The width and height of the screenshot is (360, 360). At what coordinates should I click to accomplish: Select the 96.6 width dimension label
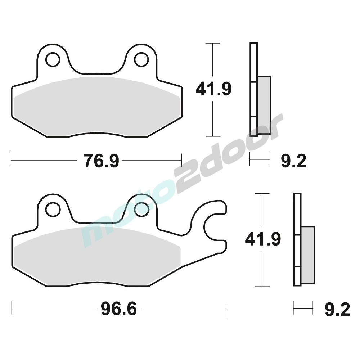point(119,309)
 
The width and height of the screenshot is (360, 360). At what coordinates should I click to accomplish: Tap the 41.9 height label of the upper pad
point(213,89)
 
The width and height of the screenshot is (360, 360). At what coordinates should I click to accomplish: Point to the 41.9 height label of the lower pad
point(263,239)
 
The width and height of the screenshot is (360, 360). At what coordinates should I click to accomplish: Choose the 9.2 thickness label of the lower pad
point(337,310)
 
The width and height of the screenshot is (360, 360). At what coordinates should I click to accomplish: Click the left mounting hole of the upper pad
point(53,60)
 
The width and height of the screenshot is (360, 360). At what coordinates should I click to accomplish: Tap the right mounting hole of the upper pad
point(141,60)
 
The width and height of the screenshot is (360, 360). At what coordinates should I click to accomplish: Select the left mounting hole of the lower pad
point(53,209)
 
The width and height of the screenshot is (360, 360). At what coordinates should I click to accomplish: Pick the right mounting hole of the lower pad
point(141,209)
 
